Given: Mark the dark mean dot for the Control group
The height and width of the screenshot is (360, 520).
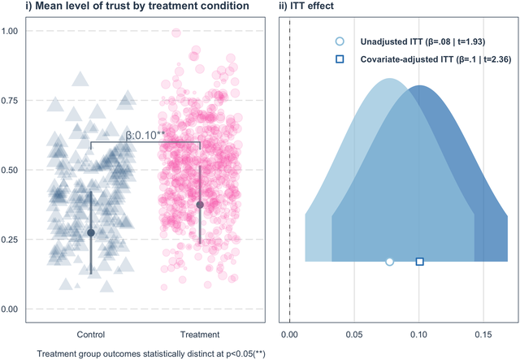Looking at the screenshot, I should point(91,232).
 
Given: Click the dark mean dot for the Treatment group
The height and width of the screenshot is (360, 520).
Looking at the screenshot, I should point(200,205).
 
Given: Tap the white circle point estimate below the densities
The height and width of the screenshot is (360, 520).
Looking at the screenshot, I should point(389,262).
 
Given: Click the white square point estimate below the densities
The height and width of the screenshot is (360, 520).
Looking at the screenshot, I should point(420,262).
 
